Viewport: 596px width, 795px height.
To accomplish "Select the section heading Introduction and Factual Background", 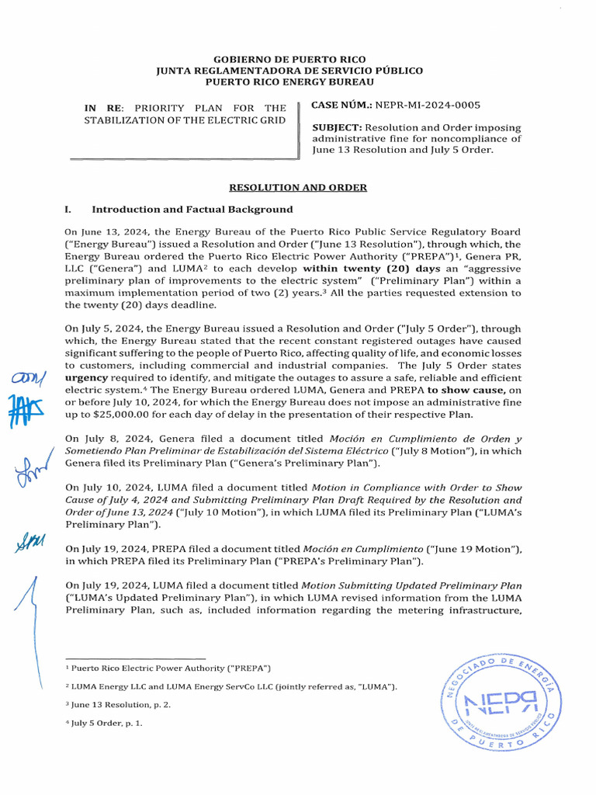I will [192, 210].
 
